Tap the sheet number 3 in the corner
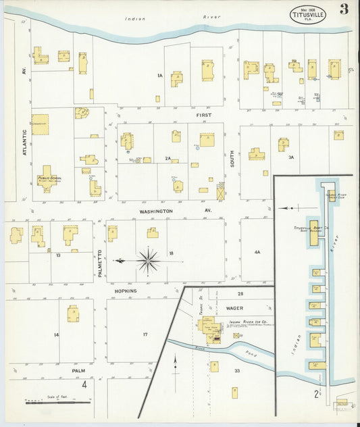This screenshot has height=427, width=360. [x=344, y=9]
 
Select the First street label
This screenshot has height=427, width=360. [x=204, y=116]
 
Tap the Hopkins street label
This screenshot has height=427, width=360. [x=125, y=291]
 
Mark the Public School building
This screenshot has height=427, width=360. [x=46, y=179]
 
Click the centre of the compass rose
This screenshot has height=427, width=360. [x=148, y=260]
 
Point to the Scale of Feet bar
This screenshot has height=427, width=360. [x=58, y=403]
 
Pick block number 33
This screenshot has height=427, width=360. [x=237, y=370]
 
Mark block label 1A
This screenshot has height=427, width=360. [x=160, y=75]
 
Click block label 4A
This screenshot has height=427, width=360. [x=257, y=252]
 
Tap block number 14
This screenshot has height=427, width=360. [x=57, y=335]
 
